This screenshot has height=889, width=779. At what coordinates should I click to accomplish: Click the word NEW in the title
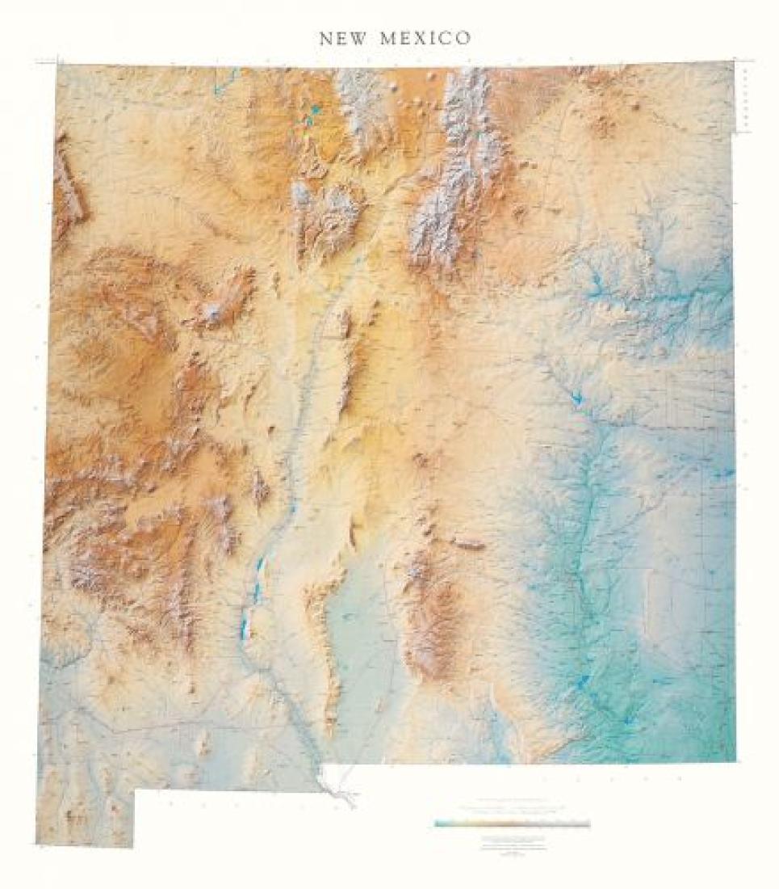337,38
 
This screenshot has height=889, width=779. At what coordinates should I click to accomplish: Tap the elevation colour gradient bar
512,824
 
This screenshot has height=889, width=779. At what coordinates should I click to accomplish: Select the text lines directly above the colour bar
512,806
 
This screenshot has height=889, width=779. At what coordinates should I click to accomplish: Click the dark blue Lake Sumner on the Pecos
576,398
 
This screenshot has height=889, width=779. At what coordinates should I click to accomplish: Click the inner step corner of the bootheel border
135,790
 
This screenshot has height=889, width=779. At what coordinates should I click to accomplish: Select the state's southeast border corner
735,760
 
